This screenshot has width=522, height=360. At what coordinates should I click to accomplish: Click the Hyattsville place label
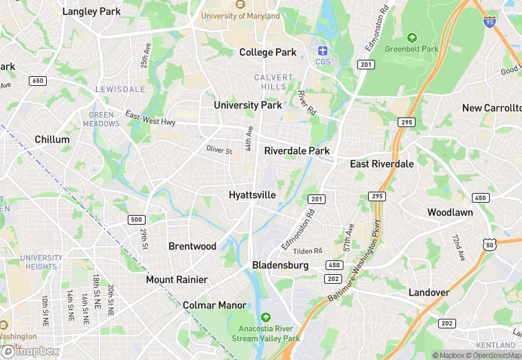point(252,195)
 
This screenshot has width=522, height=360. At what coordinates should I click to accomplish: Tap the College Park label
point(268,52)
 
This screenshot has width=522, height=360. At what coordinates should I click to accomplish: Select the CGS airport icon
point(323,50)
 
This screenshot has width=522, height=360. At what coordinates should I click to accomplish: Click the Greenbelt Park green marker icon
point(411,37)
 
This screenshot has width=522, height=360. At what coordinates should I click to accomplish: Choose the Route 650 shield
point(38,81)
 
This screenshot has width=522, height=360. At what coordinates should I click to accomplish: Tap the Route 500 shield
point(136,220)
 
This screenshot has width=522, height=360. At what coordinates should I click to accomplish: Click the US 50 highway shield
point(489,244)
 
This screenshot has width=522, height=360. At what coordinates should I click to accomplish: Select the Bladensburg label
point(280,265)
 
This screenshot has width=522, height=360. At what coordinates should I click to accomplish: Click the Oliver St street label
point(220,150)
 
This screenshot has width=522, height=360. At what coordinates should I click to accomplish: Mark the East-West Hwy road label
point(150,118)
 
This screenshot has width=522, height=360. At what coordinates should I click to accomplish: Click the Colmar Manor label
point(214,305)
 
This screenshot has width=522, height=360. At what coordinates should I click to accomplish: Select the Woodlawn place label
point(450,212)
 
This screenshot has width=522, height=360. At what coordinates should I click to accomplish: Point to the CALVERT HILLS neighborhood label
point(273,82)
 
